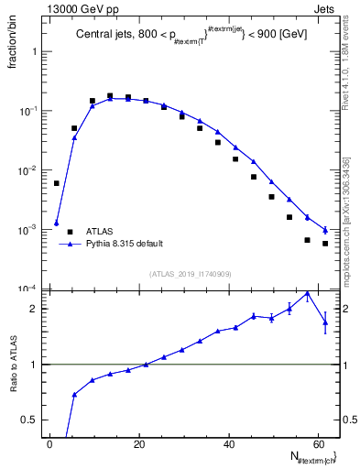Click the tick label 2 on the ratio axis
pyautogui.click(x=33, y=309)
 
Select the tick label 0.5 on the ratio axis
pyautogui.click(x=28, y=420)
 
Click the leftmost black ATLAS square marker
pyautogui.click(x=56, y=183)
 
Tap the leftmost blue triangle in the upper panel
pyautogui.click(x=56, y=224)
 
